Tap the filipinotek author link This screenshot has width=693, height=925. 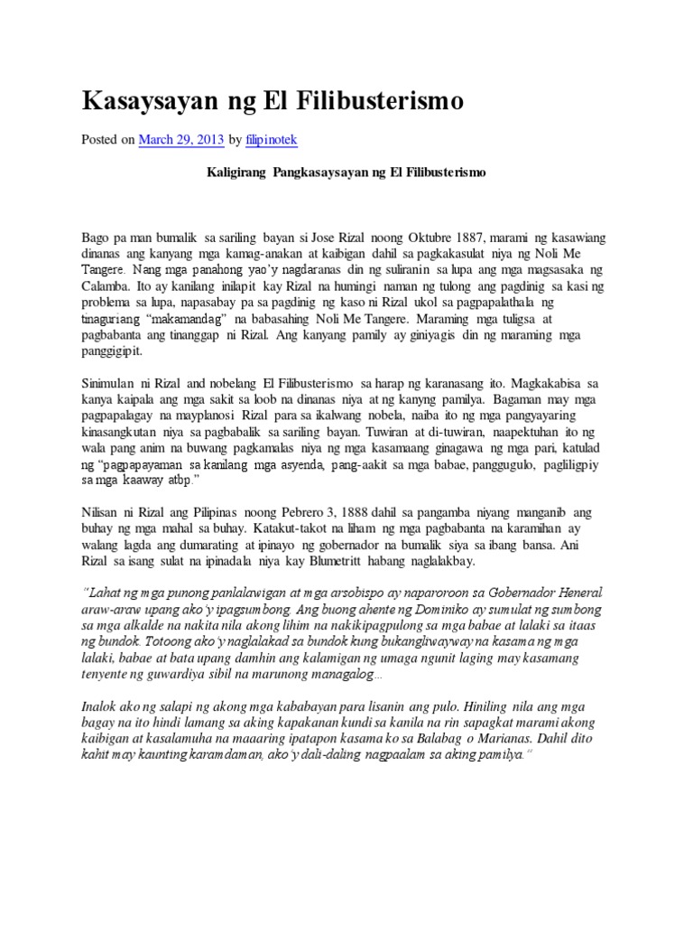pos(275,141)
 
